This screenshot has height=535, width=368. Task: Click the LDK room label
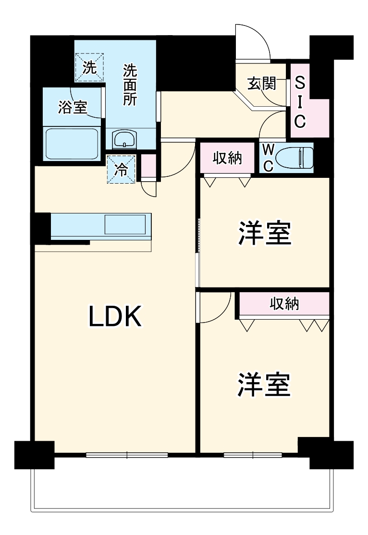(115, 317)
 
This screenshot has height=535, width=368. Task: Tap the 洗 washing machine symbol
(89, 68)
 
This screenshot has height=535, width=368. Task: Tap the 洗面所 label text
(130, 85)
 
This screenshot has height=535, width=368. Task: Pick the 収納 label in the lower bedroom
(284, 304)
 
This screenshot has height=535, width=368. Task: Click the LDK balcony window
(127, 455)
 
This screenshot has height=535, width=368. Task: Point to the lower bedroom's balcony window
(246, 455)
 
